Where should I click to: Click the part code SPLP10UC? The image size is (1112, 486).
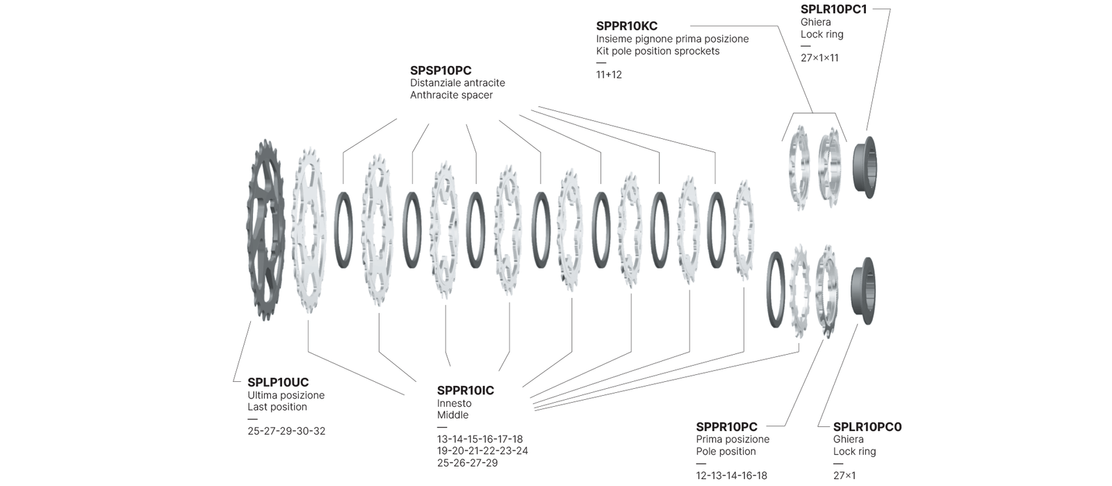coord(278,382)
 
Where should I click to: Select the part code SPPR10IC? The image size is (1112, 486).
coord(466,390)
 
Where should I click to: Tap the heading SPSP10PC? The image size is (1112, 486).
coord(441,70)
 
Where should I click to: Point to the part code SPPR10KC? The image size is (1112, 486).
coord(627,26)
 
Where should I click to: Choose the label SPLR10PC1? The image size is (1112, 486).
coord(834,10)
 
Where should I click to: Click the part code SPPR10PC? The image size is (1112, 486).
coord(726,426)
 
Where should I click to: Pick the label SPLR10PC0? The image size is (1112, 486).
coord(867,426)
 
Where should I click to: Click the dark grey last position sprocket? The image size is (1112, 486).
coord(266,229)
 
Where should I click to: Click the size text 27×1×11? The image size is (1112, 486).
coord(819,58)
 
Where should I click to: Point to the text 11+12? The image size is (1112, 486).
coord(609,74)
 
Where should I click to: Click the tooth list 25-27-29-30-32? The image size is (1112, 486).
coord(286,430)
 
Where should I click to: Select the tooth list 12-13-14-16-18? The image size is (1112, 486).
coord(732,476)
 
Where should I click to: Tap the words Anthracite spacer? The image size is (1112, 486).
coord(451,95)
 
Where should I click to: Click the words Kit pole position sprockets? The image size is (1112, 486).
coord(658,51)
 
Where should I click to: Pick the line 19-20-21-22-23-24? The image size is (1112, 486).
coord(482,451)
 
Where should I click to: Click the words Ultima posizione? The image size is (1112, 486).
coord(286,395)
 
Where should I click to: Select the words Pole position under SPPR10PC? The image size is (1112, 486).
coord(726,451)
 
